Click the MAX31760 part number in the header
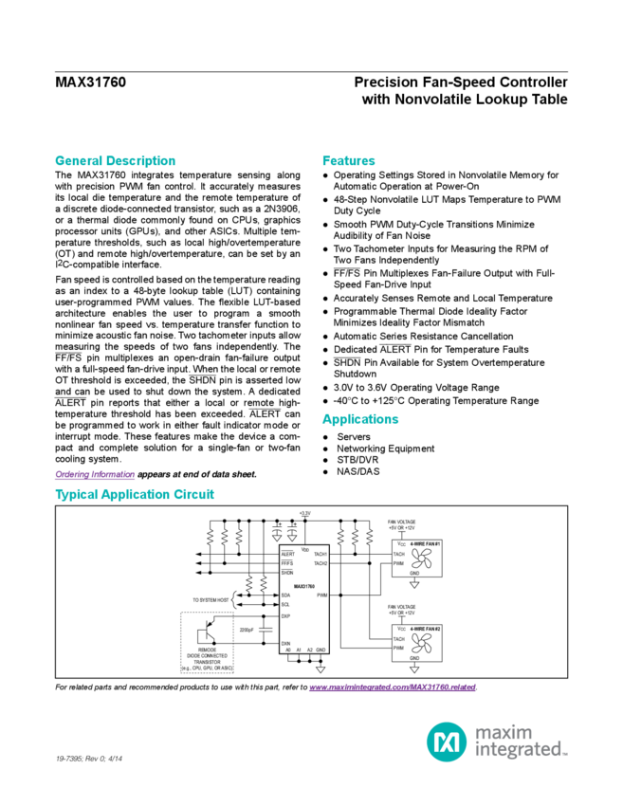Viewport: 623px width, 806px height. point(91,82)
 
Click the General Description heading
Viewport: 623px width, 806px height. point(114,160)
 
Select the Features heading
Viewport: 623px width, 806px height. point(348,160)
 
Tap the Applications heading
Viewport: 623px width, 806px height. point(360,419)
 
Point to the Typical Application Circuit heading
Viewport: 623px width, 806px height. point(135,495)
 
